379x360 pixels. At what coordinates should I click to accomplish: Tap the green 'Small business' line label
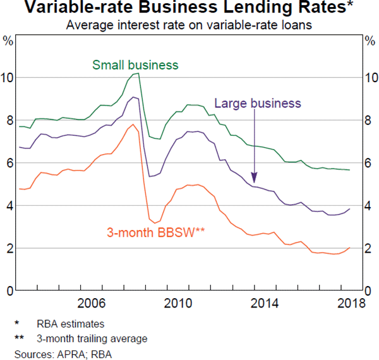click(135, 65)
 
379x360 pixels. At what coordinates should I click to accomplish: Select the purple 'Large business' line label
click(258, 104)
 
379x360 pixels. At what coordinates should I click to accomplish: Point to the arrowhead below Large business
click(254, 180)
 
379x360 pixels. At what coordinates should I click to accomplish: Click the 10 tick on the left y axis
click(8, 78)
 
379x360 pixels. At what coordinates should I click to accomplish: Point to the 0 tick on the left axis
click(9, 291)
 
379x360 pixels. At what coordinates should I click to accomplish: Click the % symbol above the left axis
click(8, 41)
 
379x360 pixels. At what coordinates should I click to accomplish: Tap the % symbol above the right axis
click(370, 41)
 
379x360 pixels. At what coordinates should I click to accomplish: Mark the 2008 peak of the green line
click(137, 73)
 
